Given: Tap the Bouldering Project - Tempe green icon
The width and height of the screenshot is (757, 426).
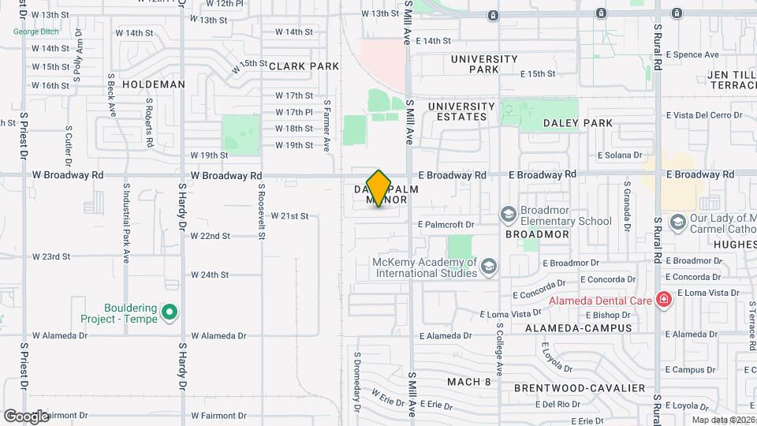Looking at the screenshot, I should point(168,313).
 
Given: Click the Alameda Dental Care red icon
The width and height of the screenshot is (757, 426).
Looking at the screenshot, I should point(664,300).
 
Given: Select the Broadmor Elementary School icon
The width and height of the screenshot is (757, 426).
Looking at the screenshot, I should point(508,215).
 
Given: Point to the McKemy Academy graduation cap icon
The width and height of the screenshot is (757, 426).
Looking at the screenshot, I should point(489,267).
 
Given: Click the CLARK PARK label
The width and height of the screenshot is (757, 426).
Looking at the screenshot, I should point(298,67).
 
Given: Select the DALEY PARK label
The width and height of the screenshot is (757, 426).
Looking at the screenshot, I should point(578,123).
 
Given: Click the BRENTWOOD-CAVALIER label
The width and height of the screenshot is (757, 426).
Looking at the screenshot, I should point(580,388).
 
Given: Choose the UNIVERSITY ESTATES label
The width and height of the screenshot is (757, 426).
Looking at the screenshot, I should point(462,111).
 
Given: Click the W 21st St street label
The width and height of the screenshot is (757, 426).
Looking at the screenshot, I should point(289,215).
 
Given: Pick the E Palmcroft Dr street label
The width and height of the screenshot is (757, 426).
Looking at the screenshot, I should point(447,224).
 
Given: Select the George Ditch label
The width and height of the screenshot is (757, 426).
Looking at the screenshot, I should point(37,32).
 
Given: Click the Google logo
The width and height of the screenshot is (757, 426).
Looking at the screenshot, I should point(27,416).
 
